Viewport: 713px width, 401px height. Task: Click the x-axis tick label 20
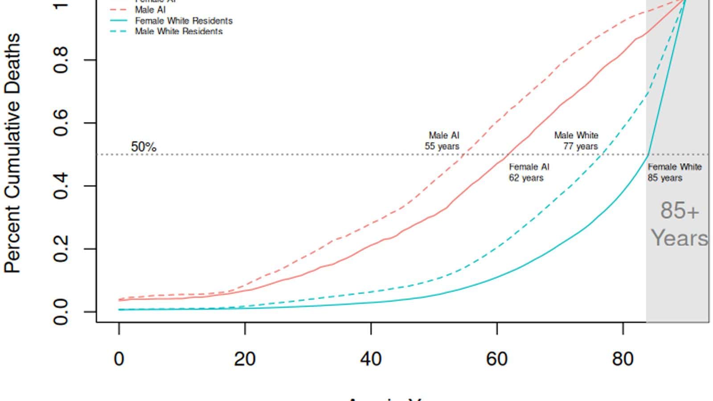click(245, 359)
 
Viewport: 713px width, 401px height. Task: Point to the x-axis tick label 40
click(371, 359)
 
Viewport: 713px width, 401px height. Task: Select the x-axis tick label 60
click(496, 359)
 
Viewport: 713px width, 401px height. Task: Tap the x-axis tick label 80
click(623, 359)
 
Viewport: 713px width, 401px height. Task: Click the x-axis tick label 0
click(119, 359)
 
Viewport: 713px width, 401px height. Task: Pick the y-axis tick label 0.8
click(61, 60)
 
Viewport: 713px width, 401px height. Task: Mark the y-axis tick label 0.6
click(61, 123)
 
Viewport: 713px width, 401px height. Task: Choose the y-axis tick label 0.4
click(61, 185)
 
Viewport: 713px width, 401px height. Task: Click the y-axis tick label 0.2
click(61, 249)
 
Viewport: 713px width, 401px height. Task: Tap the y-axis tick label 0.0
click(61, 311)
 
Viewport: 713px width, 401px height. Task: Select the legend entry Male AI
click(151, 10)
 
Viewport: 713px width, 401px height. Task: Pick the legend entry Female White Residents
click(184, 21)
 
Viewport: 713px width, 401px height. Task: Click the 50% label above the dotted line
click(143, 147)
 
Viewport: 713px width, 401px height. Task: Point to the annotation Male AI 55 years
click(443, 141)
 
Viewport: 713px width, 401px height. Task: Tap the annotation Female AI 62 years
click(529, 172)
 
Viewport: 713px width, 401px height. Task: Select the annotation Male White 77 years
click(577, 141)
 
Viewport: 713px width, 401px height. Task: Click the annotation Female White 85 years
click(674, 172)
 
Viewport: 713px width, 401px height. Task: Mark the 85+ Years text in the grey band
click(679, 224)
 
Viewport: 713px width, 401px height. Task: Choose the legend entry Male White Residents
click(179, 31)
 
